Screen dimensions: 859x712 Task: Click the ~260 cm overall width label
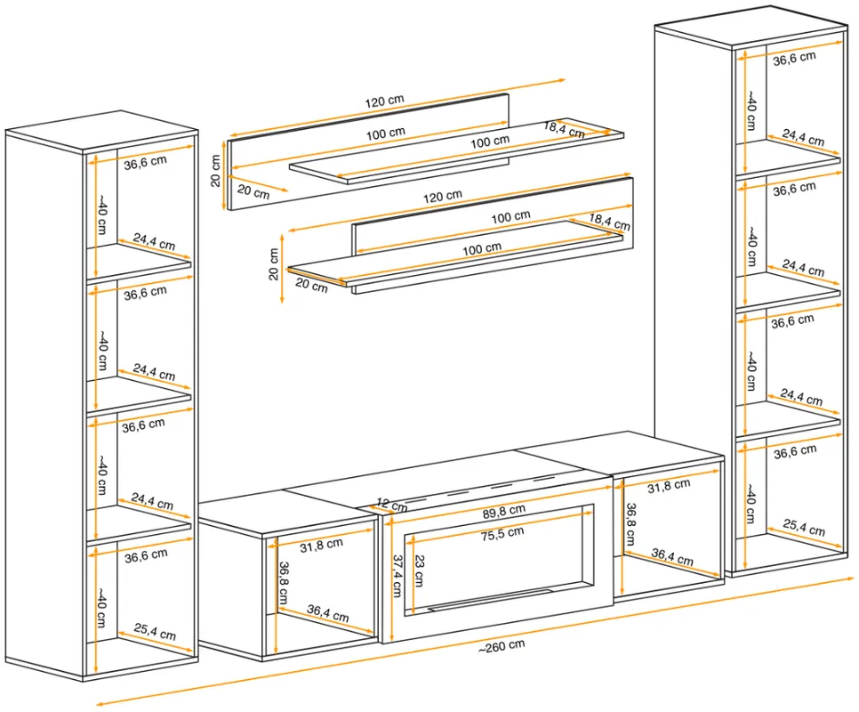[x=502, y=646]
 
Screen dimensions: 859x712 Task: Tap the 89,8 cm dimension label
[x=504, y=512]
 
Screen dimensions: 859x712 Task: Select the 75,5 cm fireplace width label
[x=502, y=534]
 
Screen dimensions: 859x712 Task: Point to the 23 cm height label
[x=419, y=570]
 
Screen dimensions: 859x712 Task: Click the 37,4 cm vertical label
[x=397, y=576]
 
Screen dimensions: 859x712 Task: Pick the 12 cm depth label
[x=392, y=505]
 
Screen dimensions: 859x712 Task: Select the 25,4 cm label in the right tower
[x=804, y=527]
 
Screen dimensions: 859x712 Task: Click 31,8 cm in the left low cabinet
[x=322, y=546]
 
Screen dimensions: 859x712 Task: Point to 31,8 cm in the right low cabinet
[x=669, y=486]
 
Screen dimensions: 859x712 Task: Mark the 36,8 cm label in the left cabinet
[x=284, y=583]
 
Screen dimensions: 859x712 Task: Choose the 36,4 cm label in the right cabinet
[x=672, y=557]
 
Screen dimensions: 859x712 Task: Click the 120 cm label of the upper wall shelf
[x=384, y=101]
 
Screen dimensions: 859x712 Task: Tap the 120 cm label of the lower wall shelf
[x=443, y=196]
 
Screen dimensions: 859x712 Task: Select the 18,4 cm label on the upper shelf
[x=565, y=130]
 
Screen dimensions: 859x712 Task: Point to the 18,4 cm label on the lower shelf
[x=610, y=222]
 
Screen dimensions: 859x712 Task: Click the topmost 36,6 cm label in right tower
[x=794, y=59]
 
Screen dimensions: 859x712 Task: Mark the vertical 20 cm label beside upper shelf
[x=215, y=171]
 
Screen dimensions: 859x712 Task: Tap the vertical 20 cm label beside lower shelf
[x=274, y=264]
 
